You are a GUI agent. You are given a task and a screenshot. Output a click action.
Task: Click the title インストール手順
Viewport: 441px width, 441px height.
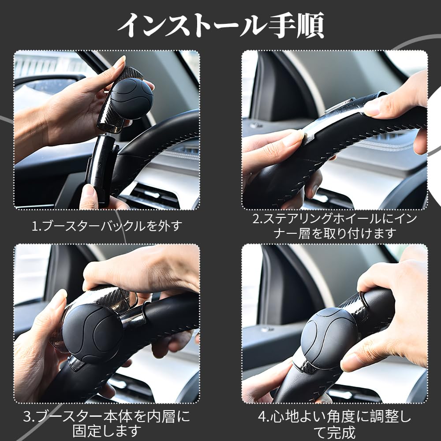pyautogui.click(x=220, y=25)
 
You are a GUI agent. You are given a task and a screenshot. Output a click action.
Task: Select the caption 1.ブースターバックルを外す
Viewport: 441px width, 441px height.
pyautogui.click(x=107, y=226)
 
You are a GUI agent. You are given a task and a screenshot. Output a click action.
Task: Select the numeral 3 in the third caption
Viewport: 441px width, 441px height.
pyautogui.click(x=28, y=416)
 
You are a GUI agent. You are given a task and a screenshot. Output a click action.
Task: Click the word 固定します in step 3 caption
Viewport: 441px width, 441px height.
pyautogui.click(x=107, y=430)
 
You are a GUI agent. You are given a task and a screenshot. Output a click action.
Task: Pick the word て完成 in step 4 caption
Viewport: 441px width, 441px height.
pyautogui.click(x=334, y=431)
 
